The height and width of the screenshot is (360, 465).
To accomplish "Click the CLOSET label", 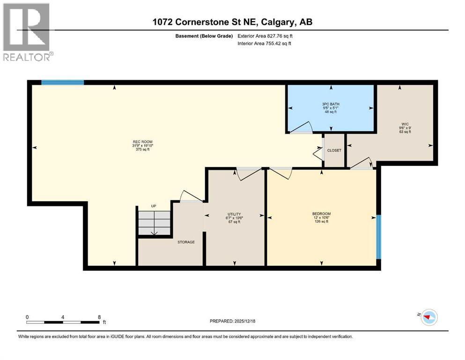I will coord(334,150).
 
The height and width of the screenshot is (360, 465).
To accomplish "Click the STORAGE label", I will coord(186,242).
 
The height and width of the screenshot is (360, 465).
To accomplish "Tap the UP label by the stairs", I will coord(153,206).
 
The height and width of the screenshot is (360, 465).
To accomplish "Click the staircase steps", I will coord(154,223).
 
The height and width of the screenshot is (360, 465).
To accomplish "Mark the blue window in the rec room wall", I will coord(62,82).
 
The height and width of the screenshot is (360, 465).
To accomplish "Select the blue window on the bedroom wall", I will coord(379,237).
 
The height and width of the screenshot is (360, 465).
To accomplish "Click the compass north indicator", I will coord(427,317).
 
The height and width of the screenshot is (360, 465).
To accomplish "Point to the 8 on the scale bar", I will coord(99,317).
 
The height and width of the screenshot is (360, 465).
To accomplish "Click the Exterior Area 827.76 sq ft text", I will coord(269,36).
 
